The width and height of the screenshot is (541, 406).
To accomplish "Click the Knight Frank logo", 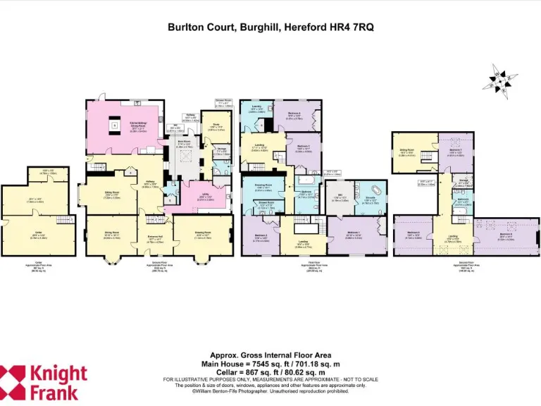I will coord(44,381).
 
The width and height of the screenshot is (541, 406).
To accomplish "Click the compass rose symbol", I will coord(500,80).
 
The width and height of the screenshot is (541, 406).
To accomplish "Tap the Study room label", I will coord(210,128).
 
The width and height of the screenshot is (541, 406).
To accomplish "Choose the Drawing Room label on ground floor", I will coord(203,237).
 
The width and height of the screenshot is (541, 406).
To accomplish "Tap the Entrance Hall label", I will coord(155,240).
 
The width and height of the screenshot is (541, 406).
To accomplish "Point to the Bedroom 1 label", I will coord(353,236).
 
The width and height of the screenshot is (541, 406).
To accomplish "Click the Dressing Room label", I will coord(263,187).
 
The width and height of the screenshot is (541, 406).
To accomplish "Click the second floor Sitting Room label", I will coord(406,150).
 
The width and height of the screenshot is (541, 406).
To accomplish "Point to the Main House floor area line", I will coord(270,364).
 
